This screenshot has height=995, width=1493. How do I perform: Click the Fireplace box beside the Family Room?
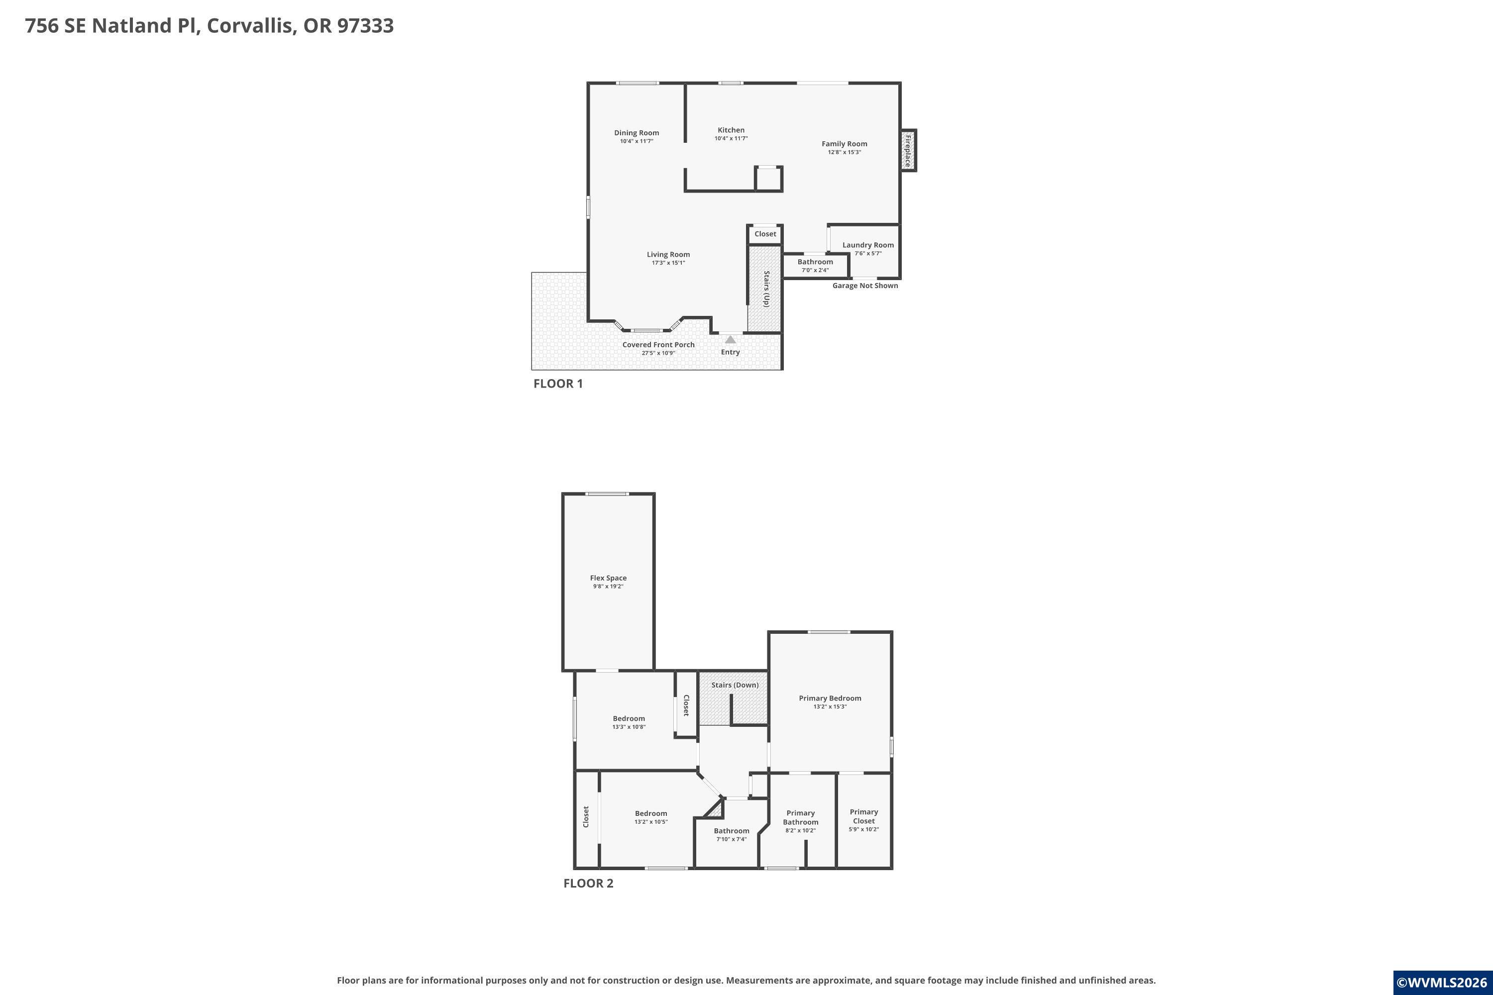(x=908, y=150)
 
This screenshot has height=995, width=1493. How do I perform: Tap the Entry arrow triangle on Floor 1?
(x=730, y=339)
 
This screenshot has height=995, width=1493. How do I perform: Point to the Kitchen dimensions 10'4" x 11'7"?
(x=731, y=138)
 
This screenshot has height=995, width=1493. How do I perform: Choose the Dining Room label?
(x=637, y=133)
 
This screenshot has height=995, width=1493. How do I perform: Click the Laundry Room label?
(x=868, y=245)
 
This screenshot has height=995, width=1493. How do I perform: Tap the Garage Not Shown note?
(x=865, y=286)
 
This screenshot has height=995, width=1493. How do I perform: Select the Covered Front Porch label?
(x=658, y=345)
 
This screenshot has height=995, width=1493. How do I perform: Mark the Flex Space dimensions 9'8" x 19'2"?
(x=608, y=587)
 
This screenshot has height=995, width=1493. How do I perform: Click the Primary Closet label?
(x=864, y=816)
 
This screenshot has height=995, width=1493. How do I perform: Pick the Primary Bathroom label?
(x=800, y=817)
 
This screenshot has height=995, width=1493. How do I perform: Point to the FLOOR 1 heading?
(x=558, y=383)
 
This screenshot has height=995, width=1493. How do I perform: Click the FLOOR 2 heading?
(x=588, y=884)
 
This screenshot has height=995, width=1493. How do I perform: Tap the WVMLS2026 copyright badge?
(x=1443, y=983)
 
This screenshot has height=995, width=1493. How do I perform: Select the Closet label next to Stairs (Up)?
(x=765, y=234)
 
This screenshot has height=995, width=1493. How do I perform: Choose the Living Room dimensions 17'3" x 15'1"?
(x=668, y=263)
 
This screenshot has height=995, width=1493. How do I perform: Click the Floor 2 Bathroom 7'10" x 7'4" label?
(x=731, y=834)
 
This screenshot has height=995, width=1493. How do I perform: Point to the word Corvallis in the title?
(x=251, y=25)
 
